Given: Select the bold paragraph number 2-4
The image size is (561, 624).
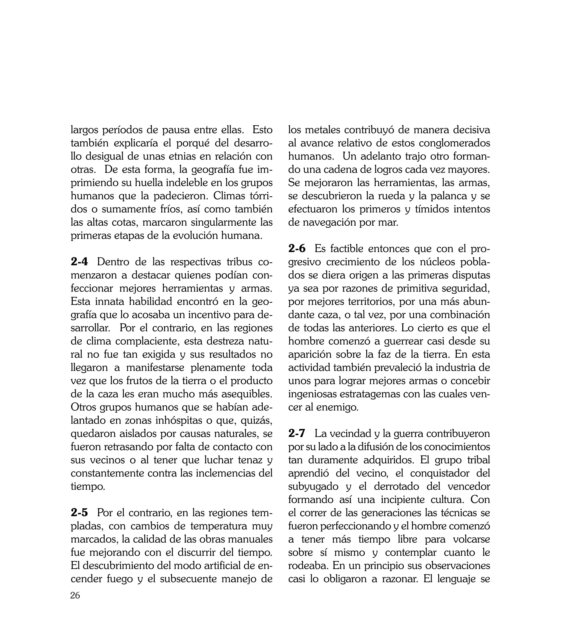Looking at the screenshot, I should pos(79,262).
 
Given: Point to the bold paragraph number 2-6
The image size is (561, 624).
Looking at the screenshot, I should pos(297,249).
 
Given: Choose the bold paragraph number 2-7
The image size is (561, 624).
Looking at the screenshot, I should pos(297,433).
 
